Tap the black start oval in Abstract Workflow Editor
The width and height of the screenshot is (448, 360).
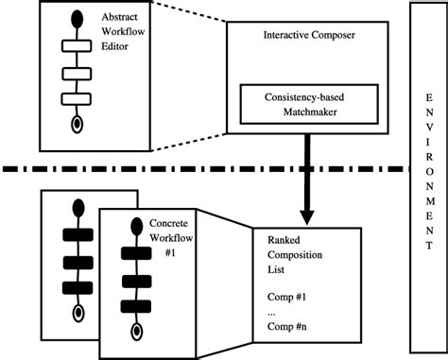click(74, 20)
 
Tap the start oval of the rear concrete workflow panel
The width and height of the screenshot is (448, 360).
click(74, 206)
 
